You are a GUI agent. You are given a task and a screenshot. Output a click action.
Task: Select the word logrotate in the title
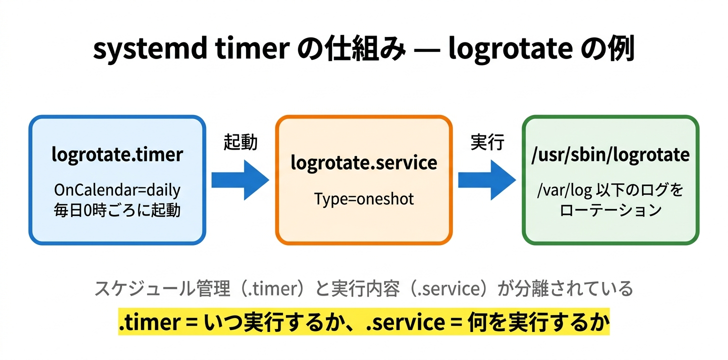(510, 50)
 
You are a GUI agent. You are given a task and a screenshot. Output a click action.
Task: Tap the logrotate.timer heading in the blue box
(117, 155)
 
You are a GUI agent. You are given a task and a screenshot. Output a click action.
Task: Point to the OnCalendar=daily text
(117, 190)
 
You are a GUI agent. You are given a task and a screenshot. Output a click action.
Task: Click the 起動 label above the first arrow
(240, 143)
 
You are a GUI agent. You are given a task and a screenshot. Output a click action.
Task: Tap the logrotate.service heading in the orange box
(364, 162)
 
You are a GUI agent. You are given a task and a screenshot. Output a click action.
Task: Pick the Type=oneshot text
(364, 199)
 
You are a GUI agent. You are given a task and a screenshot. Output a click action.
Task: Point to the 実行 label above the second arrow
(487, 143)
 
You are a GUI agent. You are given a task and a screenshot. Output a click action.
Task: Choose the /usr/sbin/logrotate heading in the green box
(610, 155)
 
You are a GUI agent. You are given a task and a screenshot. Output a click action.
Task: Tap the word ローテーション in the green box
(610, 210)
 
